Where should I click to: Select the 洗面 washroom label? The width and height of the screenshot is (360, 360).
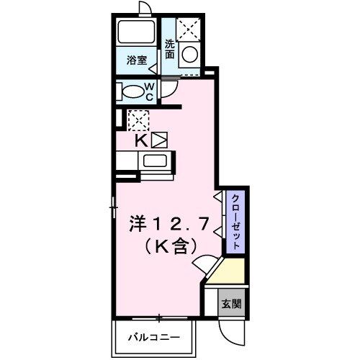tap(170, 48)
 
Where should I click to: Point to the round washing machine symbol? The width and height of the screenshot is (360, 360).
tap(190, 54)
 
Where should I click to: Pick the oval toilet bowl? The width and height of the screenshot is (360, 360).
tap(132, 91)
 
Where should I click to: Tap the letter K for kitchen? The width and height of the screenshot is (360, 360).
tap(142, 140)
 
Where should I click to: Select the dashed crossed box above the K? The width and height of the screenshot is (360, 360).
tap(137, 119)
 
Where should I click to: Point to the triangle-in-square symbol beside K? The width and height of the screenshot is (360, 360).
tap(158, 139)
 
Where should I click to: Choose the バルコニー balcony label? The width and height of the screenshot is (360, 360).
tap(154, 336)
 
